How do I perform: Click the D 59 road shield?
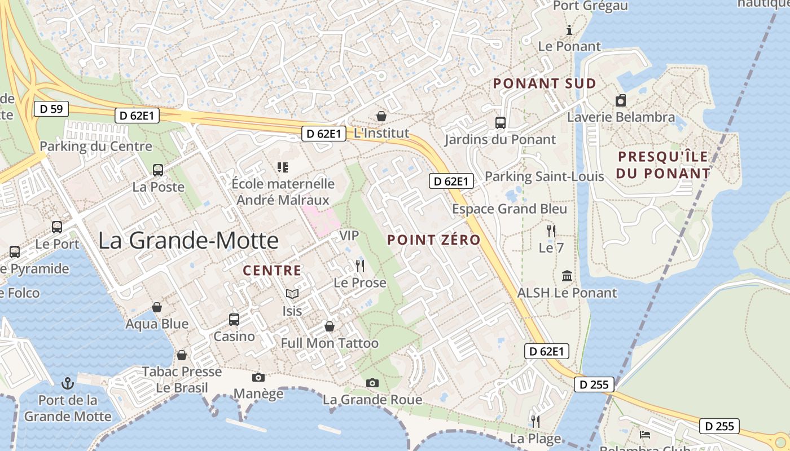pos(51,109)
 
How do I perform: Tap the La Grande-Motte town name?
pos(188,241)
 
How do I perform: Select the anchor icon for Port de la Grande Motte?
pos(68,383)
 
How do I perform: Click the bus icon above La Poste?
pos(158,170)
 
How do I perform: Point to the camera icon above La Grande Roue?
pos(372,383)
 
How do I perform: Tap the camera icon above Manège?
pos(258,377)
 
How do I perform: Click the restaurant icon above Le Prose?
pos(360,266)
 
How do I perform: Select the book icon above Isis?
pos(292,294)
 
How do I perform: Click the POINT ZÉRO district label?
pos(433,240)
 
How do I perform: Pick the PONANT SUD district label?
pos(545,83)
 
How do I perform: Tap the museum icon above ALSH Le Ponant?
pos(567,276)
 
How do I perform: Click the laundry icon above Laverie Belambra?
pos(621,100)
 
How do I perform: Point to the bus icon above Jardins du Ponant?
pos(500,122)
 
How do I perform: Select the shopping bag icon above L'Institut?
pos(381,116)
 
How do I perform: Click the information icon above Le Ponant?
pos(569,30)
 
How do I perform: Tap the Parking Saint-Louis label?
pos(545,176)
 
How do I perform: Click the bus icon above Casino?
pos(234,320)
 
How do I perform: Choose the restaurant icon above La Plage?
pos(536,421)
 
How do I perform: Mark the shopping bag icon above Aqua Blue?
pos(157,307)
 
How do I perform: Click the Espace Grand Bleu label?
pos(510,209)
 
